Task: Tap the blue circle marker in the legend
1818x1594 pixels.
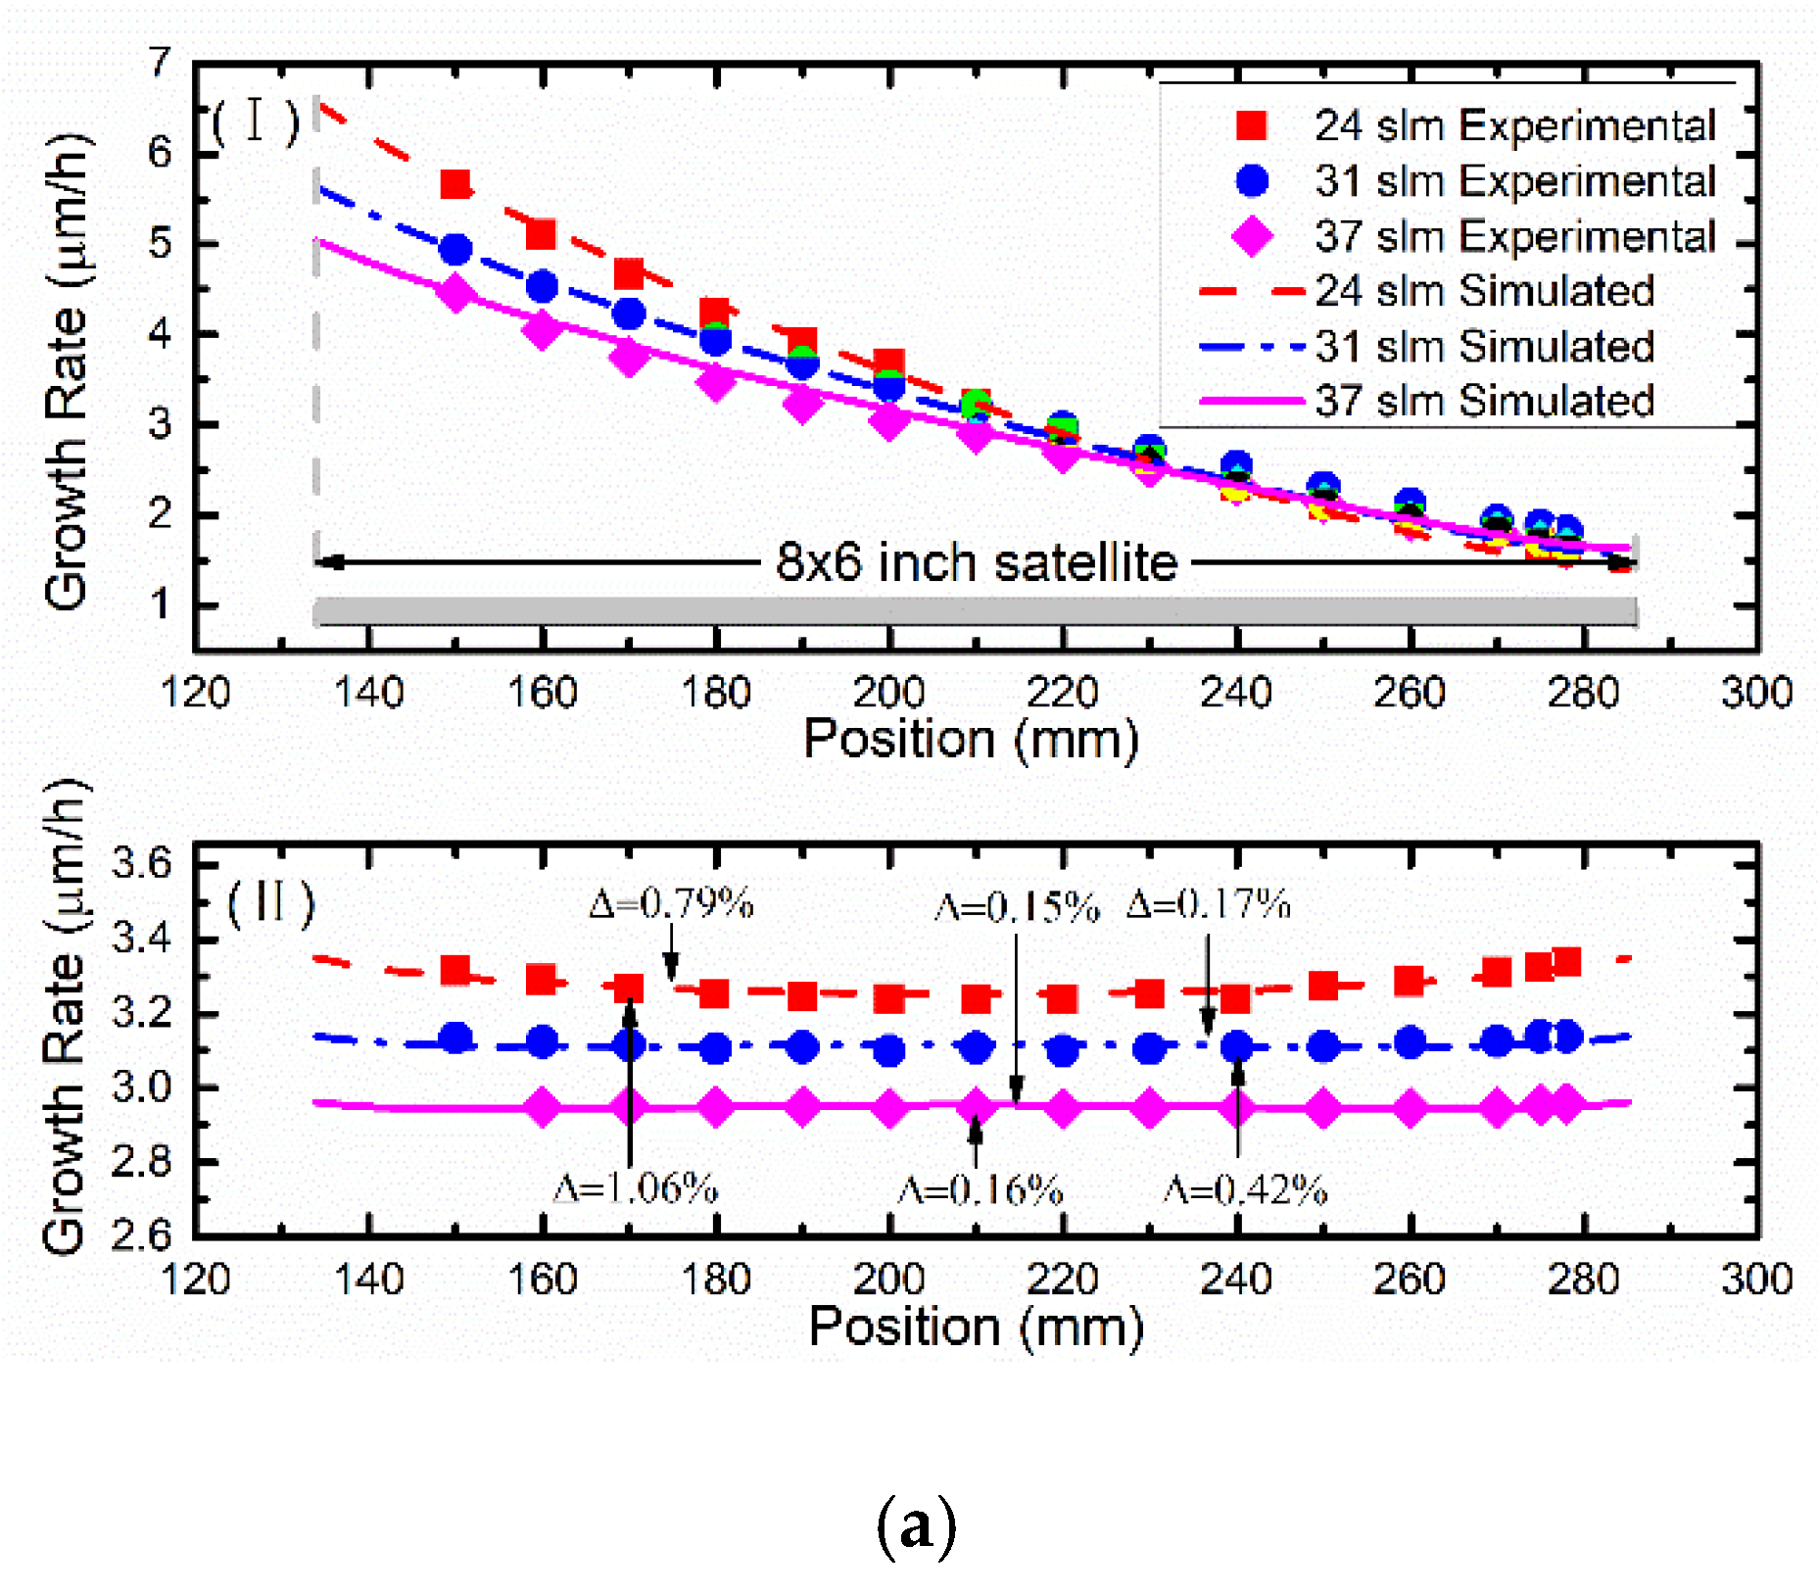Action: tap(1251, 180)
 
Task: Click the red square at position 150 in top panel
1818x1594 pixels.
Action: tap(455, 184)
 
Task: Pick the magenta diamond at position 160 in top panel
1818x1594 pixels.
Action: tap(542, 330)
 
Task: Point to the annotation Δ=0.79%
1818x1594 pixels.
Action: tap(671, 902)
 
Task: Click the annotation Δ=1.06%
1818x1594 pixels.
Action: tap(636, 1188)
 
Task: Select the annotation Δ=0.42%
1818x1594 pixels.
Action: tap(1245, 1190)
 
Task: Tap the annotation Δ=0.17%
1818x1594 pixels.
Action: tap(1208, 903)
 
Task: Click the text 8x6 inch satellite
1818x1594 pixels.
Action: tap(976, 562)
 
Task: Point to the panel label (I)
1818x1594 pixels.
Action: tap(255, 121)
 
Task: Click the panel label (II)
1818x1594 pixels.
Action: tap(270, 902)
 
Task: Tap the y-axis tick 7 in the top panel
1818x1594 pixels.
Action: tap(160, 64)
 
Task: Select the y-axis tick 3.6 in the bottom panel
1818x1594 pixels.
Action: tap(142, 864)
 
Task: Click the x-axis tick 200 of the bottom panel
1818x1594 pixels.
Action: tap(888, 1280)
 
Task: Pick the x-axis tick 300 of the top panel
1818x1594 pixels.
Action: tap(1756, 693)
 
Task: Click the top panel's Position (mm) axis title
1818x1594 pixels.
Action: tap(971, 740)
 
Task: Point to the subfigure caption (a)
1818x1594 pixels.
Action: tap(916, 1524)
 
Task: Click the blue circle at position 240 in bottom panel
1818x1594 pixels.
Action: tap(1236, 1046)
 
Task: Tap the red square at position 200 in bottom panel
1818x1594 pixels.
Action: tap(889, 998)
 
